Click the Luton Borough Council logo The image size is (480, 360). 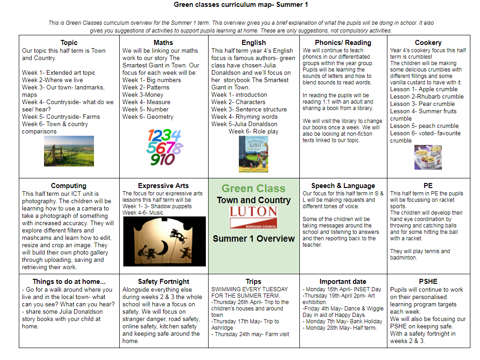tap(254, 217)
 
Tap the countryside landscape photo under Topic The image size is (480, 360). tap(69, 151)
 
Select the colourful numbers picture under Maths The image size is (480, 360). tap(164, 147)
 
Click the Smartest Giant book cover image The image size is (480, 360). tap(254, 154)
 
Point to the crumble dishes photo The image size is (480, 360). tap(428, 158)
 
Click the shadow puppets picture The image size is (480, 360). tap(164, 241)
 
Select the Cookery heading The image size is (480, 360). tap(428, 43)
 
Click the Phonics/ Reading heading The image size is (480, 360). tap(343, 43)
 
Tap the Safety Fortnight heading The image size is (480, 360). tap(164, 282)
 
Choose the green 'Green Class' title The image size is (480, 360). tap(254, 188)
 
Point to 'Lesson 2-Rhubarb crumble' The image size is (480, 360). tap(427, 96)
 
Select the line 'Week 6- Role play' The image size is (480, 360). tap(254, 131)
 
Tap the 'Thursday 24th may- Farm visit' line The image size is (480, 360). tap(250, 334)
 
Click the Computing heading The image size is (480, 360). tap(69, 186)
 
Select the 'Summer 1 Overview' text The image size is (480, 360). tap(254, 238)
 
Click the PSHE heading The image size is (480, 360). tap(428, 282)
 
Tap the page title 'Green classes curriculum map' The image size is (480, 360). tap(225, 5)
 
